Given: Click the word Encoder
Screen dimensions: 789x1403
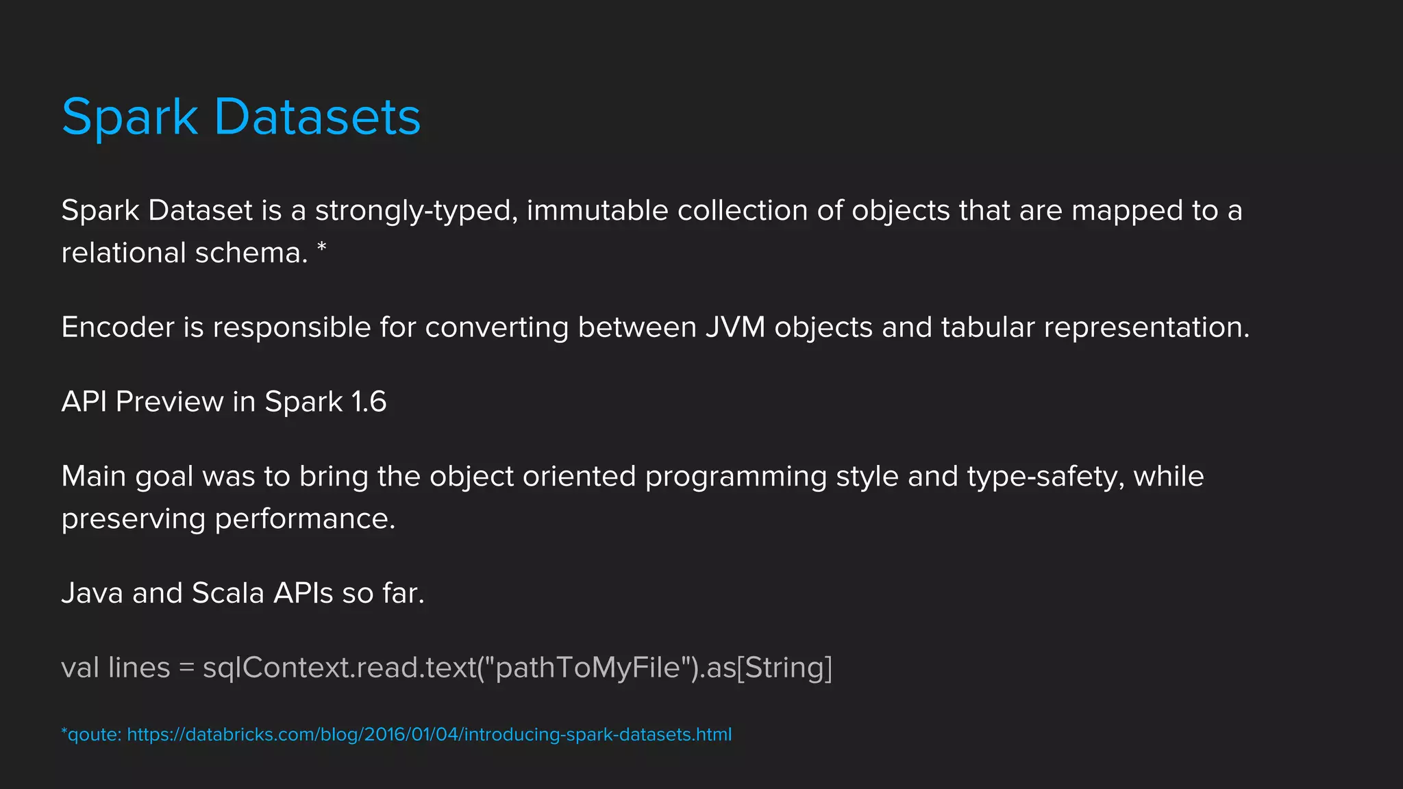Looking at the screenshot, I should pos(118,327).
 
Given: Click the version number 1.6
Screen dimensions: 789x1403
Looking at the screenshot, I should pos(369,402).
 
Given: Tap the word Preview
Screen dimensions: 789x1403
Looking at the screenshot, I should pos(169,402).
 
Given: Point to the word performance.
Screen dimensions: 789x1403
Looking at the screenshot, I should pos(305,519).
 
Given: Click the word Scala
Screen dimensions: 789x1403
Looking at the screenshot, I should pos(227,593).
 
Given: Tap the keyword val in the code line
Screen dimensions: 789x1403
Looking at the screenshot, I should pos(80,668).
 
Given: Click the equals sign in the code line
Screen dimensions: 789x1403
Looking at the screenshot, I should pos(186,668).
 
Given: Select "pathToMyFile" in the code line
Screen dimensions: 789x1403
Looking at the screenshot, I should pos(588,668).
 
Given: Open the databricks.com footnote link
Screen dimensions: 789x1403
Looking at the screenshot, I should pos(430,735).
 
